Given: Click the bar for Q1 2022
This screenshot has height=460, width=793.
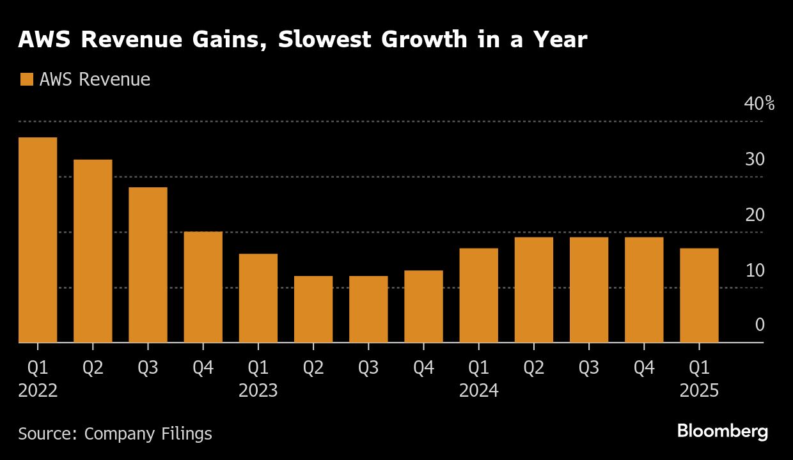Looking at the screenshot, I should tap(38, 240).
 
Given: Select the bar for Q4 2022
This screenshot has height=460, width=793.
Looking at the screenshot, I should tap(203, 287).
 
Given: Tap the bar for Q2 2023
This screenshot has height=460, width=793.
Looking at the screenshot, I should tap(313, 309).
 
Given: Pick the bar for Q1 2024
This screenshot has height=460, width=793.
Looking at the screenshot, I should tap(478, 295).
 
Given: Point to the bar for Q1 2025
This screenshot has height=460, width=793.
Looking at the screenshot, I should tap(699, 295).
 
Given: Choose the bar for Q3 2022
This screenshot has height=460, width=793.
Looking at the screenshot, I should tap(148, 265).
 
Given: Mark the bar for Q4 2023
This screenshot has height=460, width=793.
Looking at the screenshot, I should tap(423, 307).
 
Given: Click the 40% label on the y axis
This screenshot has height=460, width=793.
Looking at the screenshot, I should tap(759, 103).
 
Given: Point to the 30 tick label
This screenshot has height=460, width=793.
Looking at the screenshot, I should tap(755, 159).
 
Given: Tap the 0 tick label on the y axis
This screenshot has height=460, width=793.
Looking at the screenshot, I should tap(760, 325).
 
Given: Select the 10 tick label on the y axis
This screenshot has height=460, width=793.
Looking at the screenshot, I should tap(755, 270).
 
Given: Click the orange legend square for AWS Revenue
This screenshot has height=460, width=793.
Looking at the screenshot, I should tap(26, 80).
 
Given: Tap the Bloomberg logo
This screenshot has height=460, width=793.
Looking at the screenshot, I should tap(722, 431).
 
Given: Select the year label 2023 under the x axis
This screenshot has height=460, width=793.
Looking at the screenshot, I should tap(258, 390).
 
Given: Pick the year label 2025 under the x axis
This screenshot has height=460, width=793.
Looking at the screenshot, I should tap(699, 390).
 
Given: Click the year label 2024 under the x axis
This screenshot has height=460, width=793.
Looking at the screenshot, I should tap(478, 390).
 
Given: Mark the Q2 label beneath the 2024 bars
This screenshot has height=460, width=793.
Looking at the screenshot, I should tap(533, 367).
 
